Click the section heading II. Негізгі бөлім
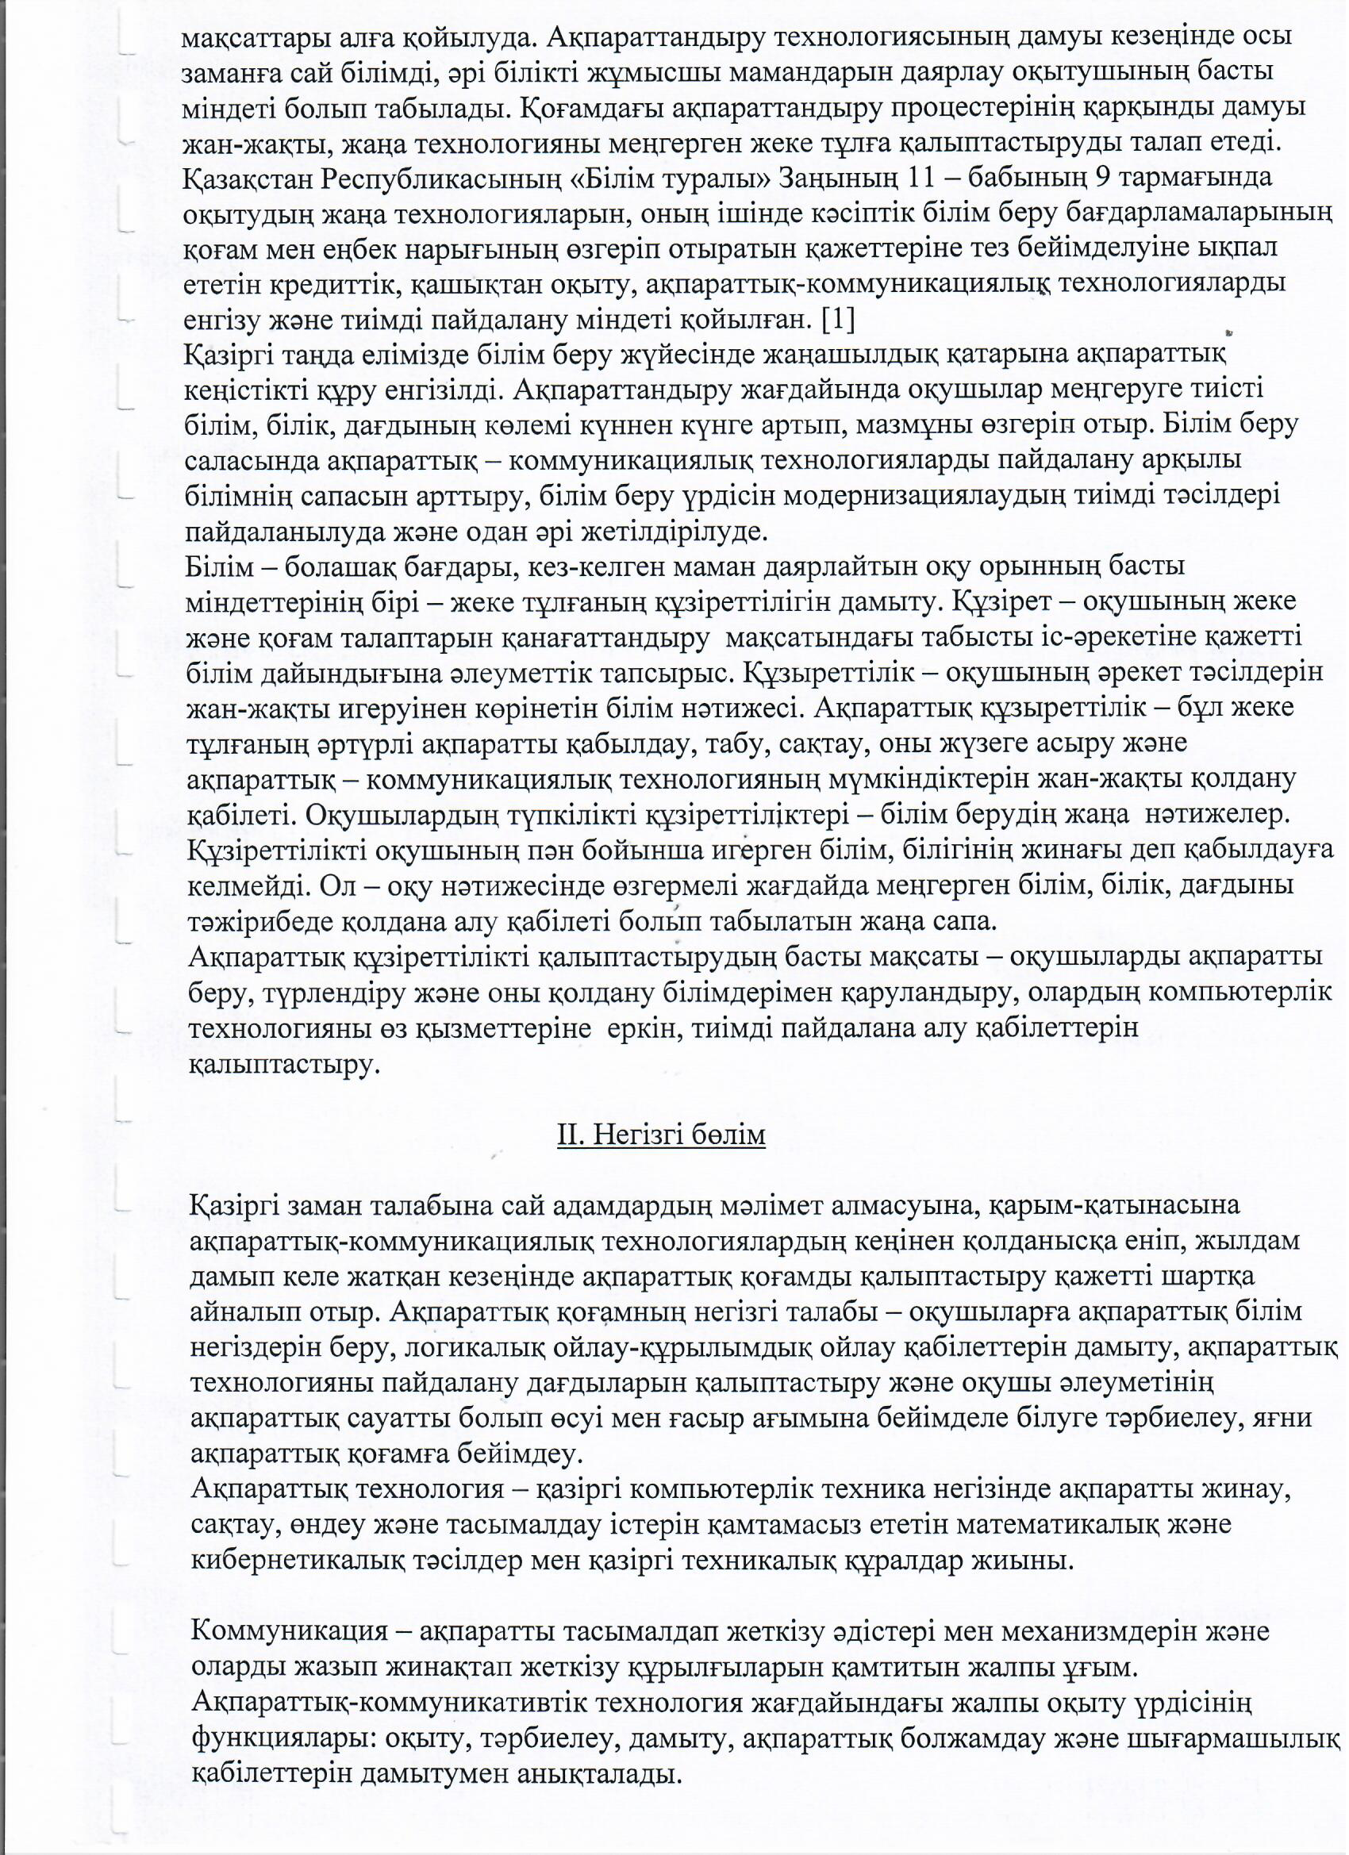[661, 1136]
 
